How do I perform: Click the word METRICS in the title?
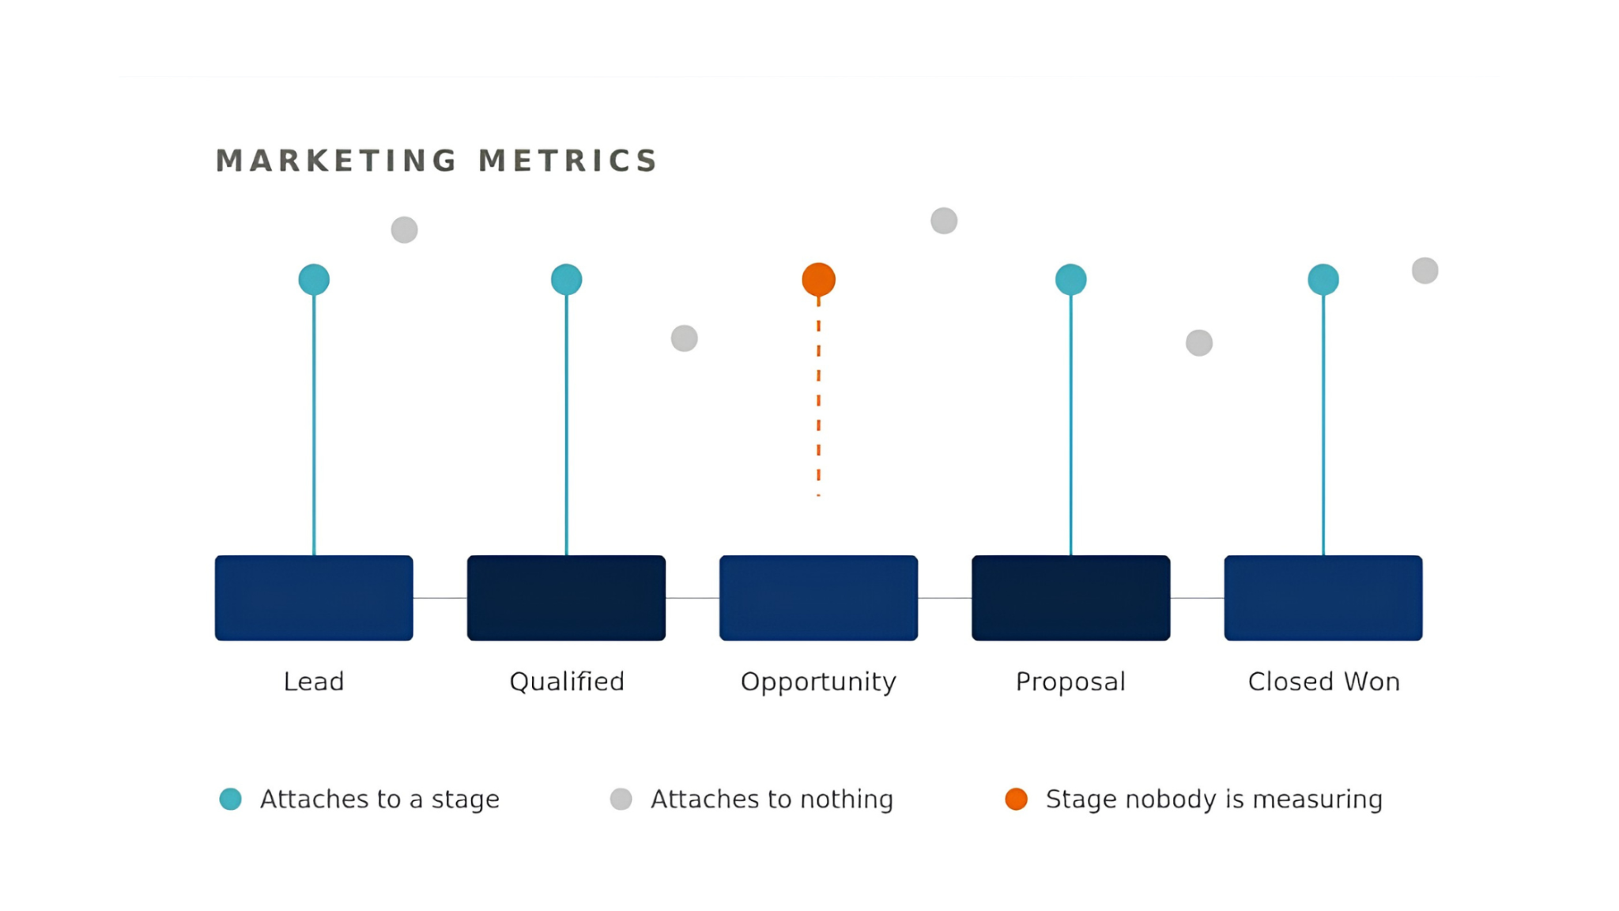tap(568, 161)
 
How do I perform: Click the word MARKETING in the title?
tap(336, 161)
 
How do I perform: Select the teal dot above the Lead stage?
tap(314, 279)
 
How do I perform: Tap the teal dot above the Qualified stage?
tap(566, 279)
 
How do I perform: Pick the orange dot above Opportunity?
tap(818, 279)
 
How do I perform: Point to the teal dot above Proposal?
tap(1070, 279)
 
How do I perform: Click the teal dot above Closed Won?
tap(1323, 279)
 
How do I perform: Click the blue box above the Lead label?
tap(314, 598)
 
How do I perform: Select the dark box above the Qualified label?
tap(566, 598)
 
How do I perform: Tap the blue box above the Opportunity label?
tap(818, 598)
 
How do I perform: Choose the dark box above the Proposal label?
tap(1070, 598)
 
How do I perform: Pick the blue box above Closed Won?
tap(1323, 598)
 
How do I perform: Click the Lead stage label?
tap(314, 682)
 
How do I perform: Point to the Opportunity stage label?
tap(818, 682)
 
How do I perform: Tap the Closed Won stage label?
tap(1323, 682)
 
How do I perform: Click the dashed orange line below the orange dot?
tap(818, 396)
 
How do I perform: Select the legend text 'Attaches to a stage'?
tap(379, 799)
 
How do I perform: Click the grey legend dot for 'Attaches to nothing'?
tap(621, 799)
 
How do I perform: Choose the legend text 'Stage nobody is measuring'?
tap(1214, 799)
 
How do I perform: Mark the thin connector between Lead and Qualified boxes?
tap(440, 598)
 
